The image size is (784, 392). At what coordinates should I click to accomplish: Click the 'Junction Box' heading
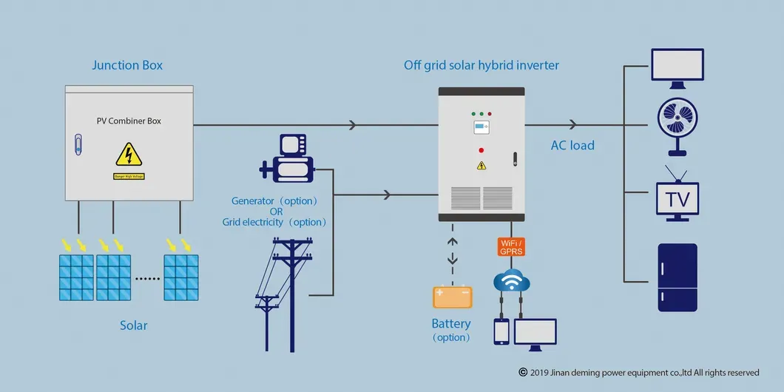[x=127, y=65]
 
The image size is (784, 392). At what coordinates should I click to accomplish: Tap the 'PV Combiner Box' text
[x=129, y=121]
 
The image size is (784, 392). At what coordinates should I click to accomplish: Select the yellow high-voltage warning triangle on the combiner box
[x=129, y=155]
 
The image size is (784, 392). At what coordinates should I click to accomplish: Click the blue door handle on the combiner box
[x=78, y=143]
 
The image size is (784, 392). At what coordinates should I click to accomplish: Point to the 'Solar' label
[x=134, y=325]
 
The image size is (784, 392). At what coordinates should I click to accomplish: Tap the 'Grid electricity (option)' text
[x=275, y=222]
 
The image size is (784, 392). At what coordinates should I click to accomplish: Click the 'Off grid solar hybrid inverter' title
[x=481, y=65]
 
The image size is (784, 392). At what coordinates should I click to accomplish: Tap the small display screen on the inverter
[x=481, y=128]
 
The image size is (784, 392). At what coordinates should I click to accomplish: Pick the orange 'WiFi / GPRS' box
[x=511, y=247]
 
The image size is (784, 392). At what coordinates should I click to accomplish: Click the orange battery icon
[x=452, y=297]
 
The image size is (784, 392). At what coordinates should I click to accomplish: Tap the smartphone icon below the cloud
[x=501, y=331]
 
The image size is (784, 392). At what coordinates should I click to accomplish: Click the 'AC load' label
[x=572, y=146]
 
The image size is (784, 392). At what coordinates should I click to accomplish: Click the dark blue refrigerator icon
[x=677, y=277]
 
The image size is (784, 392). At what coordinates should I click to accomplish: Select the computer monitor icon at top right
[x=677, y=66]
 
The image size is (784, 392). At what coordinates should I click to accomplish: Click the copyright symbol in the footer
[x=523, y=373]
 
